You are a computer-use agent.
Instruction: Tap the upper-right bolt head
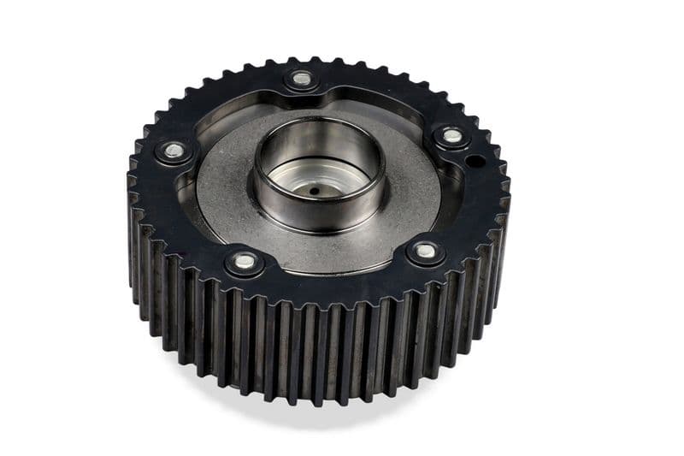[x=452, y=136]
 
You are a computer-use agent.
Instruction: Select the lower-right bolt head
[x=425, y=252]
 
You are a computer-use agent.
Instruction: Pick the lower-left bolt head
[x=245, y=262]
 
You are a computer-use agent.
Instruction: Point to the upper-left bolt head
[x=174, y=151]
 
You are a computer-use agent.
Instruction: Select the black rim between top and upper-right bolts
[x=385, y=94]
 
